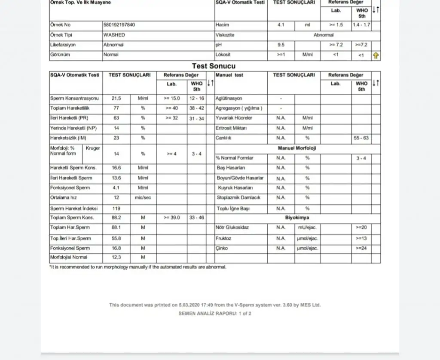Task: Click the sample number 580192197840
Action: tap(119, 25)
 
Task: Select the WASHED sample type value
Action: tap(114, 35)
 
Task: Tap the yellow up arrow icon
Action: tap(376, 55)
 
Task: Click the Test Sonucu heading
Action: tap(214, 66)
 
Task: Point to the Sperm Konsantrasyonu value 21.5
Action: tap(116, 98)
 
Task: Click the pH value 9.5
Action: tap(281, 45)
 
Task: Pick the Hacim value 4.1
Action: tap(281, 25)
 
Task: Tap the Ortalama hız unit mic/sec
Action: tap(143, 198)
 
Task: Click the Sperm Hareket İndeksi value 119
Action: tap(116, 208)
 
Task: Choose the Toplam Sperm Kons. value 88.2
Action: tap(116, 218)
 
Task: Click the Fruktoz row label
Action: tap(223, 238)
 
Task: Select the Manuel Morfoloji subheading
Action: tap(297, 148)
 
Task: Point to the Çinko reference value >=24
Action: tap(361, 248)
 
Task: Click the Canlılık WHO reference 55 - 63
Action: tap(361, 138)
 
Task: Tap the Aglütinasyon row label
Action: tap(229, 98)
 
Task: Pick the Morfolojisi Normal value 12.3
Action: tap(116, 257)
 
